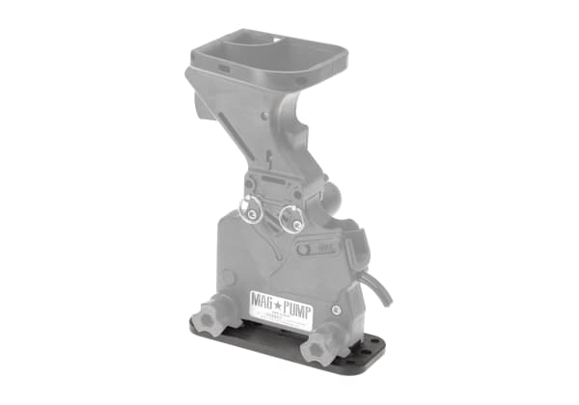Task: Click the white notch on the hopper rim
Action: point(279,40)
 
